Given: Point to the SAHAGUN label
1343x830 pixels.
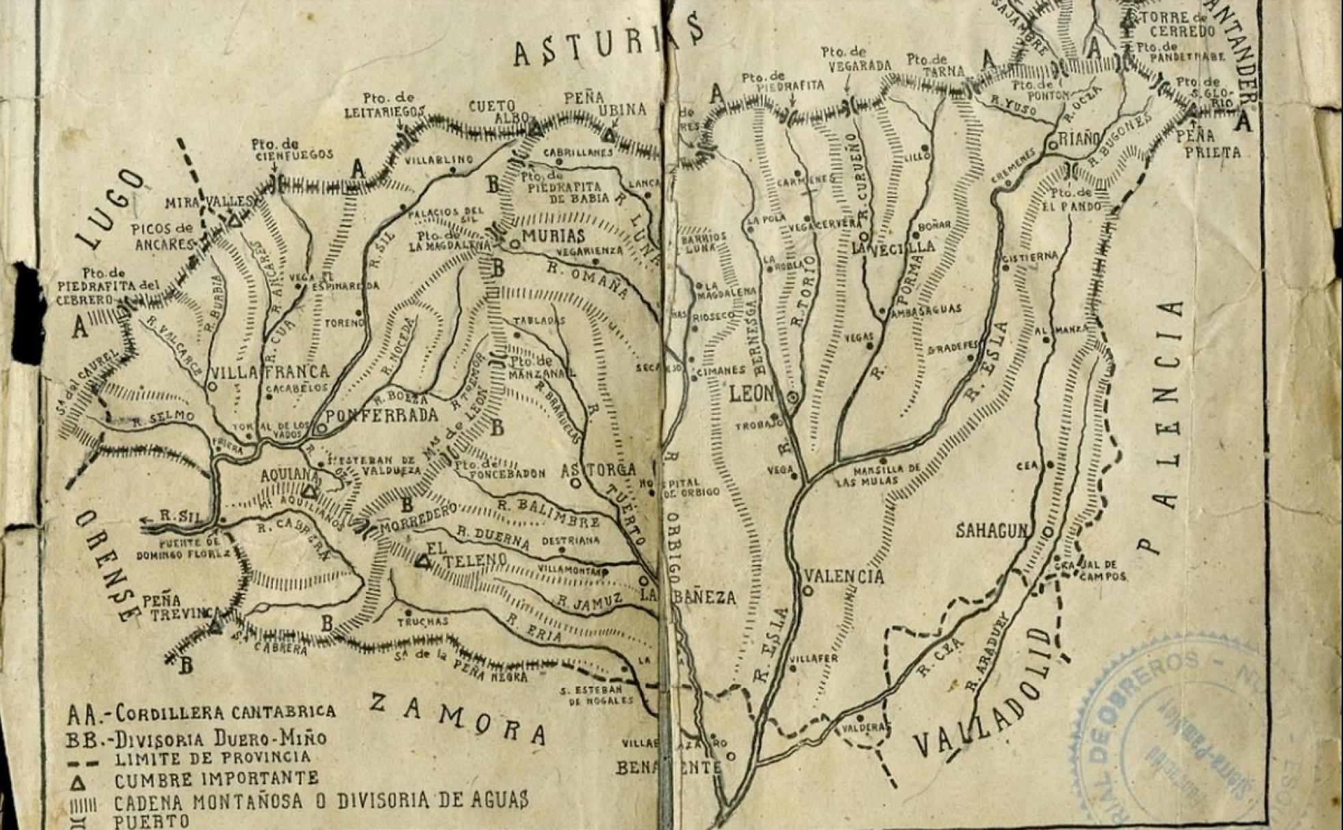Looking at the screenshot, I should pyautogui.click(x=991, y=530).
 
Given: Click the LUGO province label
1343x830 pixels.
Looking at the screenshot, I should pyautogui.click(x=110, y=209).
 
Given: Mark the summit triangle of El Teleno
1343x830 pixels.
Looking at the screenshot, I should pyautogui.click(x=423, y=562).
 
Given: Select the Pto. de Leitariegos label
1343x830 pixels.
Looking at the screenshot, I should pyautogui.click(x=385, y=105).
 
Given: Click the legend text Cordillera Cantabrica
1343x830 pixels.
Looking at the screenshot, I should pyautogui.click(x=225, y=713).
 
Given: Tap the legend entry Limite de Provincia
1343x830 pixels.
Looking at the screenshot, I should pyautogui.click(x=212, y=758).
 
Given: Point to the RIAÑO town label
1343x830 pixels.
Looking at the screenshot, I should pyautogui.click(x=1080, y=139).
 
